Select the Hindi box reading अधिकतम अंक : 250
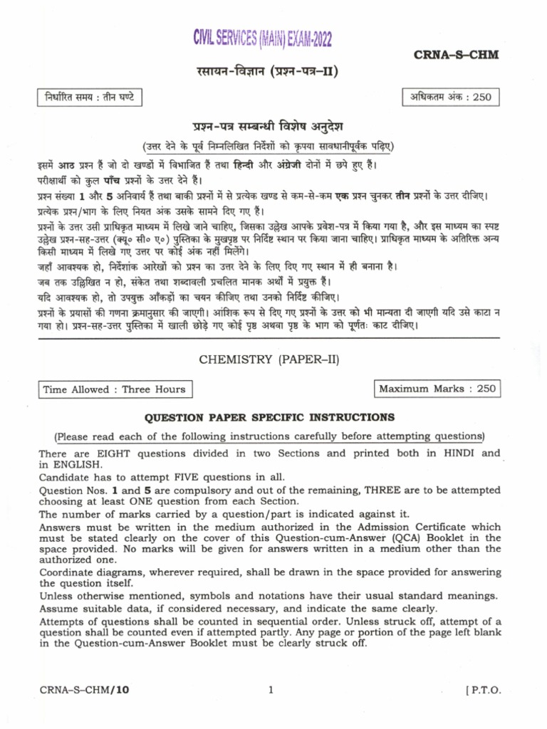coord(451,97)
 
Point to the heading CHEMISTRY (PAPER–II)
coord(269,360)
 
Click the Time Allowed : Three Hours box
coord(114,389)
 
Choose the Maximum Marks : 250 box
coord(435,389)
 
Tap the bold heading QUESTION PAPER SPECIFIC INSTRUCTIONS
coord(269,417)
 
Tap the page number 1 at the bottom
coord(271,689)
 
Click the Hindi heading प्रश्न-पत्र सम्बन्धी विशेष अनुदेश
coord(269,127)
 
